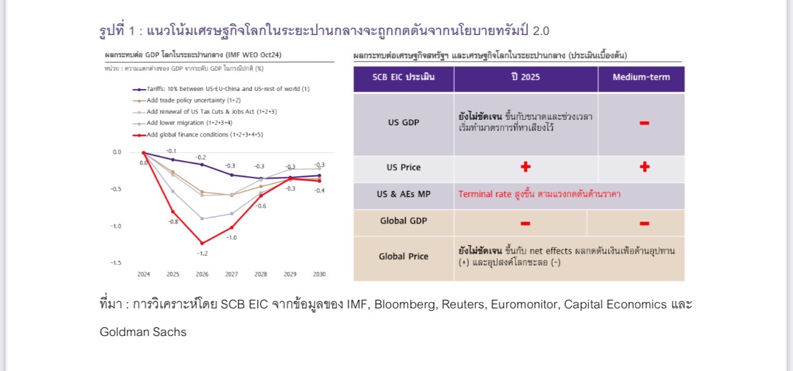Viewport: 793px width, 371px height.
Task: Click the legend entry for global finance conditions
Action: point(198,135)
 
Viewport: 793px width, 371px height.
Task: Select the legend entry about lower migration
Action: point(183,123)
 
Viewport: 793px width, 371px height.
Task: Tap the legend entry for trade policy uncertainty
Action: point(187,101)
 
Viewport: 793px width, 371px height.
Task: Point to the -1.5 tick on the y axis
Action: point(116,263)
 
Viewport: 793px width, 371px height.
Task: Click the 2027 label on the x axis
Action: point(232,274)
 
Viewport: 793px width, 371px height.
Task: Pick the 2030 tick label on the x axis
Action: point(319,274)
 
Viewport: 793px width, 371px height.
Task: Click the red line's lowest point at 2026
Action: point(202,243)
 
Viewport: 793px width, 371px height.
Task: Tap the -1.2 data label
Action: point(202,254)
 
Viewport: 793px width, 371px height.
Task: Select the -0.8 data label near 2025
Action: point(173,222)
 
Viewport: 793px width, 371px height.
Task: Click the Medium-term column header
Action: point(641,77)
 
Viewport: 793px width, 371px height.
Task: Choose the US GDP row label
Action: point(404,122)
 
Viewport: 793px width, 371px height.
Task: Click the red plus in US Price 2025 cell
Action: point(526,166)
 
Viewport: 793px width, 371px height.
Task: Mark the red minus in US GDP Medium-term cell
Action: point(644,123)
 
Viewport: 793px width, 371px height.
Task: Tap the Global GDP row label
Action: point(404,221)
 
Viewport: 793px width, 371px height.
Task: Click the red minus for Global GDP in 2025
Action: point(526,223)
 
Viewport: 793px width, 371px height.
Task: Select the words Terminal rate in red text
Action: point(484,194)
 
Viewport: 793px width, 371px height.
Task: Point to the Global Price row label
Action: point(404,256)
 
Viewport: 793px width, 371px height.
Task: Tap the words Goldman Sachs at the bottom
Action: point(143,332)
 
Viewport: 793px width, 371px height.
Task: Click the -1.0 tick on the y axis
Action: point(116,227)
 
